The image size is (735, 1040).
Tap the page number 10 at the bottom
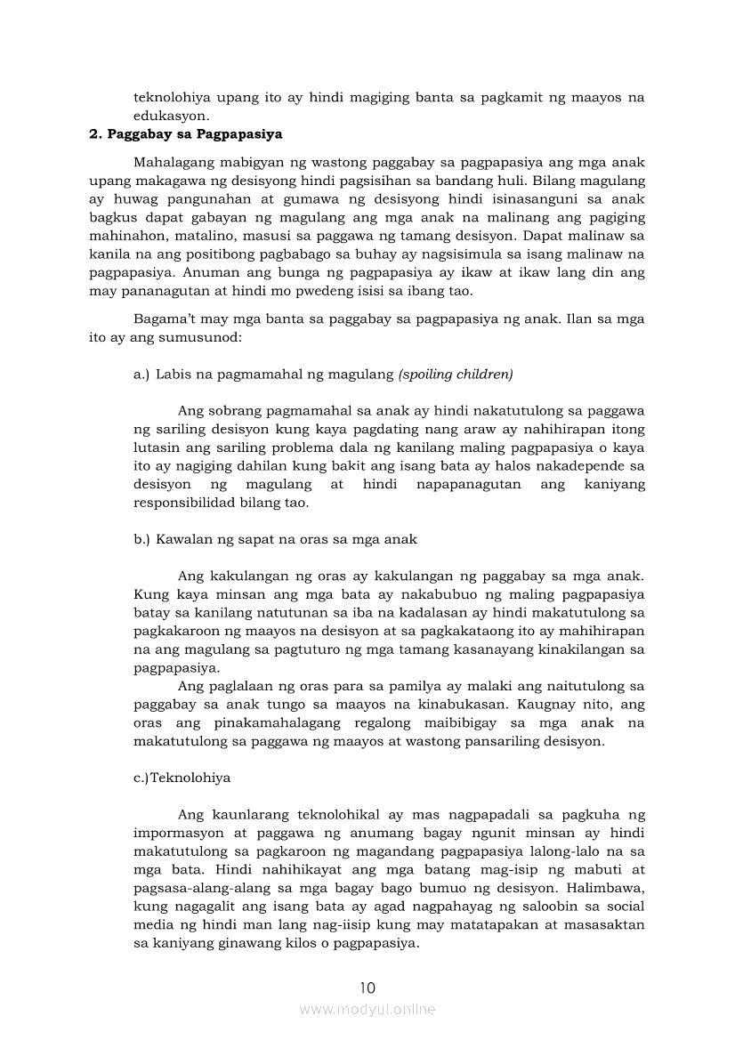coord(367,988)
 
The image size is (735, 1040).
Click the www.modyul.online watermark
coord(367,1009)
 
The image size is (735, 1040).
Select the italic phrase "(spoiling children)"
coord(456,375)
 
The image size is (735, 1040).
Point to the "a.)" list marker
coord(142,375)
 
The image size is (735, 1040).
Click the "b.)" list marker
coord(142,539)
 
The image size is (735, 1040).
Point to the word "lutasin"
coord(156,447)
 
